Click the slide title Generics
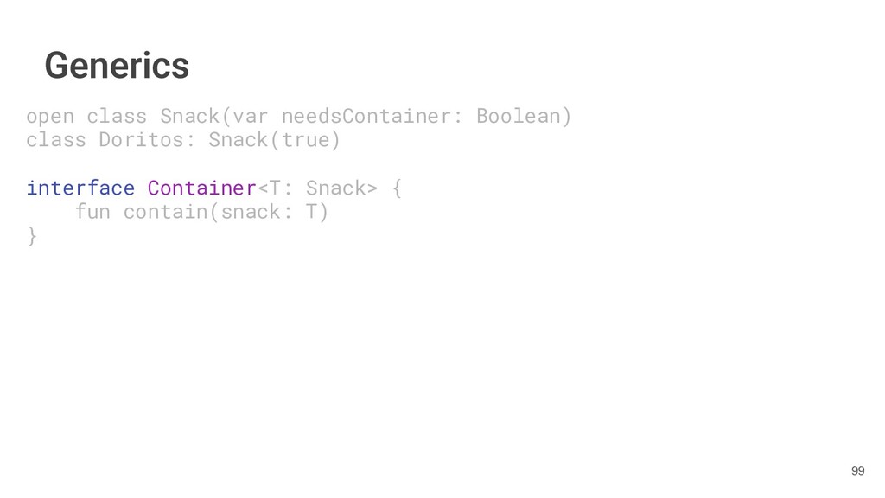pos(117,66)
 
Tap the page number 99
pos(857,470)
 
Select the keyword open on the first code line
pos(50,116)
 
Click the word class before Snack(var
pos(117,116)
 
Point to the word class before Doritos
pos(56,139)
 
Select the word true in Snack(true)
pos(305,139)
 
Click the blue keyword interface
pos(80,188)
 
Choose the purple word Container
pos(202,188)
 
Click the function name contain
pos(165,212)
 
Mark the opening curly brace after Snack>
pos(397,188)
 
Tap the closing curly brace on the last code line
pos(32,235)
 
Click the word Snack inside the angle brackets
pos(336,188)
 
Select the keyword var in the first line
pos(251,116)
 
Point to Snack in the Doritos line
pos(239,139)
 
